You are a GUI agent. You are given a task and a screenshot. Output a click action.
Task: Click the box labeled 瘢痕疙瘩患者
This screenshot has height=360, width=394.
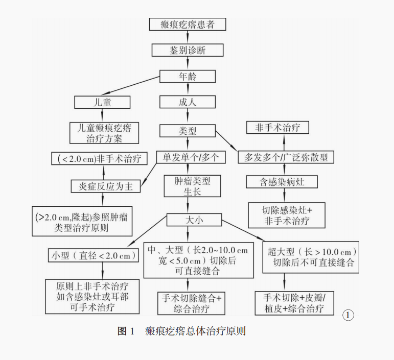(x=187, y=24)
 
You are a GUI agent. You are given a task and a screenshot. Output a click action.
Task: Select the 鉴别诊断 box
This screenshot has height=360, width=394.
(x=187, y=50)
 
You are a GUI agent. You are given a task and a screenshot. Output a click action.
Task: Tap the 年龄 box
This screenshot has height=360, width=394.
(x=187, y=76)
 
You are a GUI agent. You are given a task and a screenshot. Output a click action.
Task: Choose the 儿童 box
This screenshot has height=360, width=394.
(x=103, y=102)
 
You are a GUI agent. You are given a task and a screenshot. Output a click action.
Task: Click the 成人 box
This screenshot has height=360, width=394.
(x=187, y=102)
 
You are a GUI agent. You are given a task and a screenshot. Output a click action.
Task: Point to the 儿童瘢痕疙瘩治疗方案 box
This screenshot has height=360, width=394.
(x=104, y=133)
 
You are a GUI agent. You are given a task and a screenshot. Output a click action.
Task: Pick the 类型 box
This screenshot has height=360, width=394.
(x=187, y=131)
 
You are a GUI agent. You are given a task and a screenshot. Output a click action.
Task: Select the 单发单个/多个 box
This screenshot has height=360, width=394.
(x=190, y=158)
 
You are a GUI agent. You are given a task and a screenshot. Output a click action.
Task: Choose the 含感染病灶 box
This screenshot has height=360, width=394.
(x=282, y=182)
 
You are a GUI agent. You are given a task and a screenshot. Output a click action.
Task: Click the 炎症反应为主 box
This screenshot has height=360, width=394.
(x=106, y=186)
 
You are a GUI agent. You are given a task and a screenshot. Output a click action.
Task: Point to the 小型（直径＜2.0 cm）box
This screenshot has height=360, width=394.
(x=93, y=255)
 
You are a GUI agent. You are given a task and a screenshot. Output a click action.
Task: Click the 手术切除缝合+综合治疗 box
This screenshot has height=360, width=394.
(x=191, y=303)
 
